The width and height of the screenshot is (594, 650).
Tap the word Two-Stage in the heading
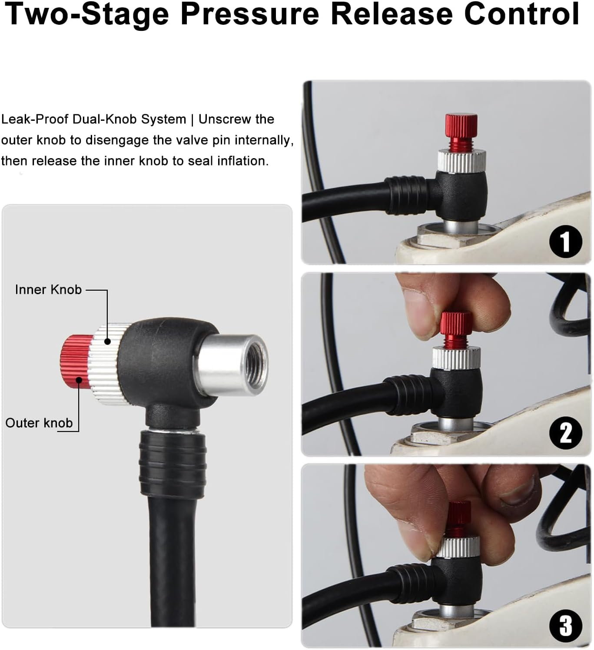coord(86,14)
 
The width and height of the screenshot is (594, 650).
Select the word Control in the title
coord(521,14)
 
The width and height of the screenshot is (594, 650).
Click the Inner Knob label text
coord(48,290)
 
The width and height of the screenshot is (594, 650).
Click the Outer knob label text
coord(39,423)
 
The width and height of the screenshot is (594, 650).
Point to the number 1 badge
coord(565,242)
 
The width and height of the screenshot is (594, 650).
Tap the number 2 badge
coord(565,433)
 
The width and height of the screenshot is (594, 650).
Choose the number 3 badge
coord(565,626)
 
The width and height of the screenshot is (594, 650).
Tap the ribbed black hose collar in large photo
coord(173,464)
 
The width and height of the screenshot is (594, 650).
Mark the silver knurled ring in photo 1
coord(461,159)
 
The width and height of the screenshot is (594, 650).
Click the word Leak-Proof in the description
coord(34,119)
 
